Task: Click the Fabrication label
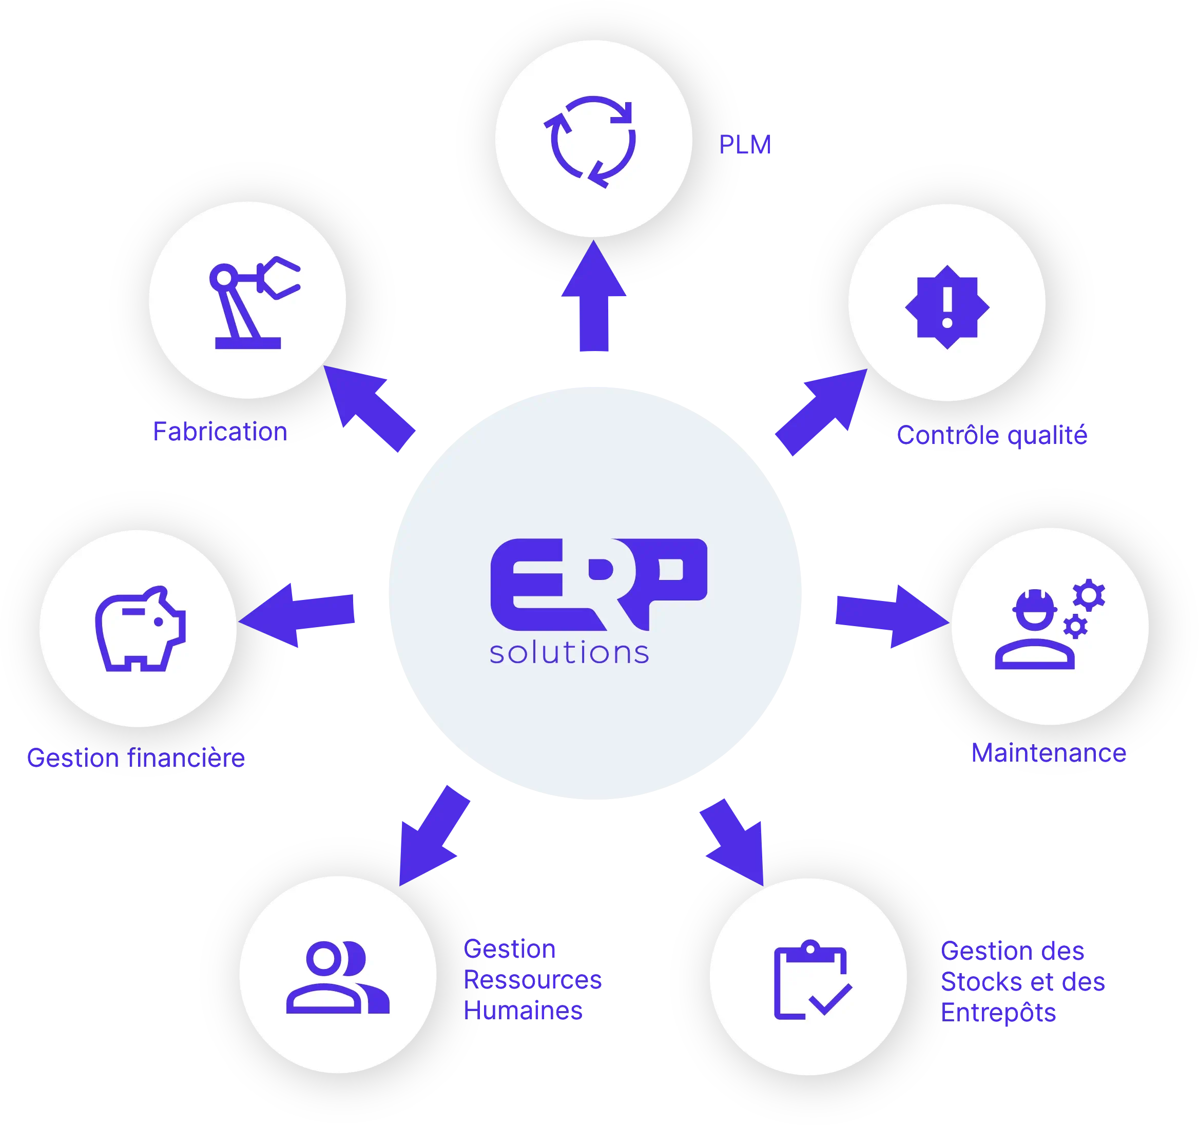tap(220, 432)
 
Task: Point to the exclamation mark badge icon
tap(947, 306)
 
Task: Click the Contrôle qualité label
tap(992, 436)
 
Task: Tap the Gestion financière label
tap(137, 758)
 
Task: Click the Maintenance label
tap(1048, 753)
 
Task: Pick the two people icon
tap(338, 977)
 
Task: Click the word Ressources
tap(533, 980)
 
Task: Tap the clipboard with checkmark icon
tap(811, 980)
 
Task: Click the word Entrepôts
tap(999, 1012)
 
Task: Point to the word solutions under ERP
tap(569, 653)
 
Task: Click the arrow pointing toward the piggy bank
tap(299, 615)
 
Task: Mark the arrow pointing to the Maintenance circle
tap(889, 616)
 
